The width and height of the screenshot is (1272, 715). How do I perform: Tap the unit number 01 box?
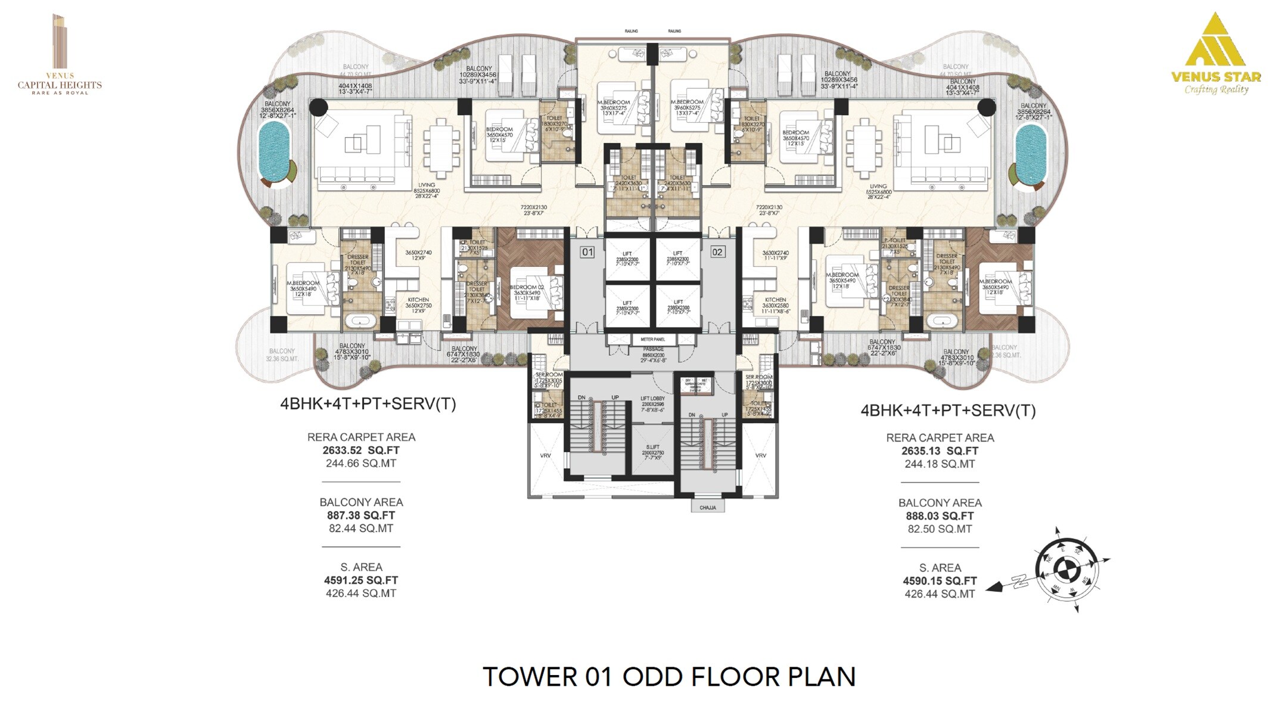click(x=587, y=252)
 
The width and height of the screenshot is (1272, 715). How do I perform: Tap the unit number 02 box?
click(x=717, y=252)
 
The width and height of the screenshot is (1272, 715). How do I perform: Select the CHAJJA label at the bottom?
click(x=708, y=508)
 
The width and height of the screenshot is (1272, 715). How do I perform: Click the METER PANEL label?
click(x=652, y=340)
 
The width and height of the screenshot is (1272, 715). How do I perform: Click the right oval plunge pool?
click(x=1031, y=154)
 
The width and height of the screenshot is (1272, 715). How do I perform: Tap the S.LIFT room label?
click(x=652, y=447)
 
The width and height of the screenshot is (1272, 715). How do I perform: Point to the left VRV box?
click(x=546, y=456)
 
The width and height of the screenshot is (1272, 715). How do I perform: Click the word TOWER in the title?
click(x=530, y=677)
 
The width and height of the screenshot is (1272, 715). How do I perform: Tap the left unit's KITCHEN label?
click(x=418, y=300)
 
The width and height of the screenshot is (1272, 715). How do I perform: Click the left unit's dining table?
click(x=442, y=149)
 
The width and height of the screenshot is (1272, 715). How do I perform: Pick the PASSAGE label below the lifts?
click(x=653, y=349)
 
